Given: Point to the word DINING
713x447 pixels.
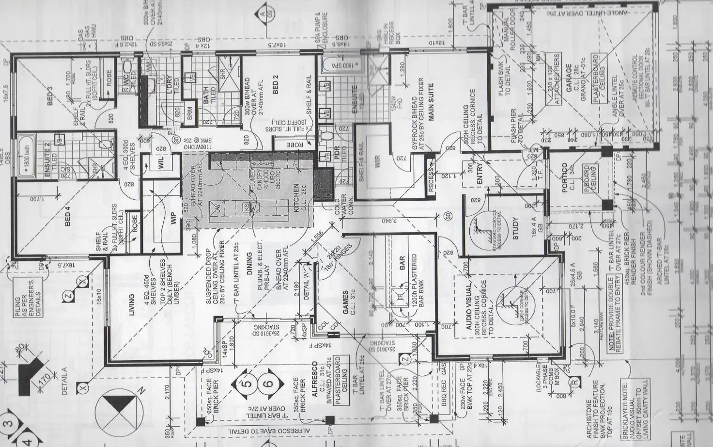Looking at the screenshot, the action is (249, 264).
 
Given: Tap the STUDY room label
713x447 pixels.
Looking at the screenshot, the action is (515, 228).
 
